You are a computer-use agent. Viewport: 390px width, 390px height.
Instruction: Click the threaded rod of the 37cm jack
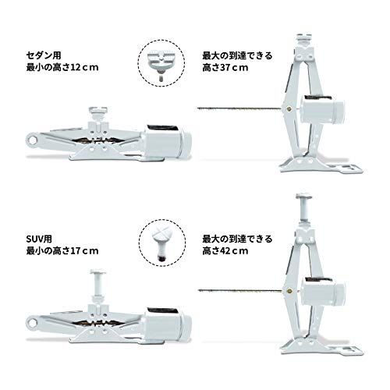pyautogui.click(x=238, y=107)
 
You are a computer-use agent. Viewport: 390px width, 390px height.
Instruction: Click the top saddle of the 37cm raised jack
pyautogui.click(x=303, y=38)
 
